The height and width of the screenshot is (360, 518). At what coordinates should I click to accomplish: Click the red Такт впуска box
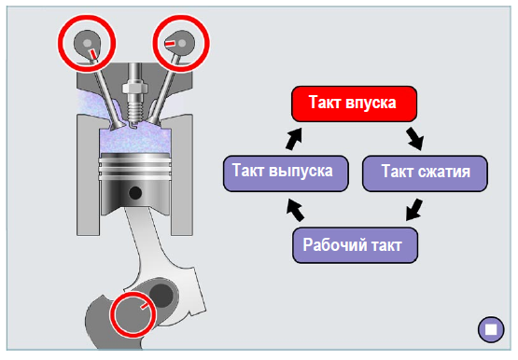click(x=354, y=104)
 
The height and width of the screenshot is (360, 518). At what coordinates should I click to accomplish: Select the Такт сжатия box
click(x=425, y=173)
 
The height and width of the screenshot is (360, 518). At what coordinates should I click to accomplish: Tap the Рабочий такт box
click(x=356, y=245)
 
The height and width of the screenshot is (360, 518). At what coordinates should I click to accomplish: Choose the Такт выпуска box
click(x=286, y=173)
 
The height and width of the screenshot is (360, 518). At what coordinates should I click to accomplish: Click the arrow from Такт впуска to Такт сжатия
click(x=415, y=139)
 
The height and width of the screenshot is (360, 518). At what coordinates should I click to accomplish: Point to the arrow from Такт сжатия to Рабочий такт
click(x=414, y=210)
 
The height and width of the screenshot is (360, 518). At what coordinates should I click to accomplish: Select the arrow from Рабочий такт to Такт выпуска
click(x=295, y=210)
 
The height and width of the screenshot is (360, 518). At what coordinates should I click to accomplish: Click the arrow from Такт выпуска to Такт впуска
click(x=294, y=139)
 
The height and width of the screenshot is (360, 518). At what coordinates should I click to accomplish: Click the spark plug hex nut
click(x=134, y=88)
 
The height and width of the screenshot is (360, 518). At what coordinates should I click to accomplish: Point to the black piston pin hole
click(x=135, y=193)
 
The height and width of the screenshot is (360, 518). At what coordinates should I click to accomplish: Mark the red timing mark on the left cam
click(x=94, y=53)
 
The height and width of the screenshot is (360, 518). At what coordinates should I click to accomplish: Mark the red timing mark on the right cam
click(x=170, y=44)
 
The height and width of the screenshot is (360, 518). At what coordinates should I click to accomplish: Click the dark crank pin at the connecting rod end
click(x=161, y=295)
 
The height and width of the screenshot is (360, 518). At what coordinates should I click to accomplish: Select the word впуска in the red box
click(x=371, y=104)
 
